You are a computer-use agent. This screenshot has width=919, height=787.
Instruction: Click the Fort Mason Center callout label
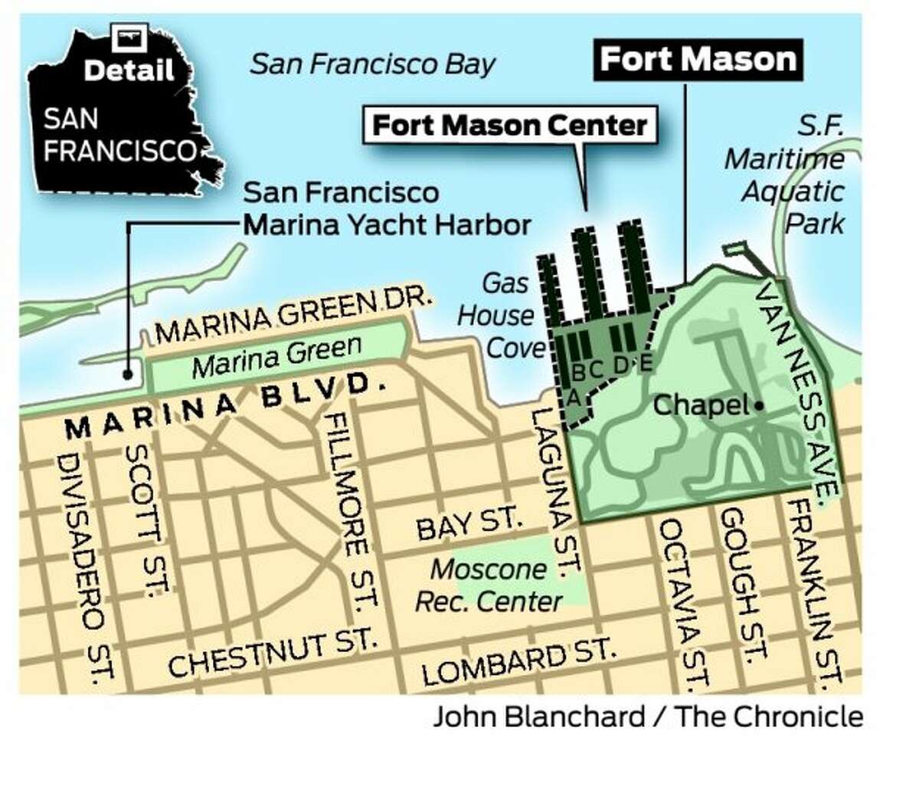pos(510,125)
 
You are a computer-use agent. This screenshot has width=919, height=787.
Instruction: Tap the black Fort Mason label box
pos(698,59)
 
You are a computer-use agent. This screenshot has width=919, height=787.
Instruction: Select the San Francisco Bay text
pos(373,64)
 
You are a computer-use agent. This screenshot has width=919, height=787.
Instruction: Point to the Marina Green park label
pos(276,356)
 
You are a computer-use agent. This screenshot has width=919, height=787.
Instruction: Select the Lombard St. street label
pos(518,663)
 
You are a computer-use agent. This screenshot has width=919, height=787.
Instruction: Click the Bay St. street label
pos(469,526)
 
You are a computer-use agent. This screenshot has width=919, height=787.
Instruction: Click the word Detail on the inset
pos(129,71)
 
